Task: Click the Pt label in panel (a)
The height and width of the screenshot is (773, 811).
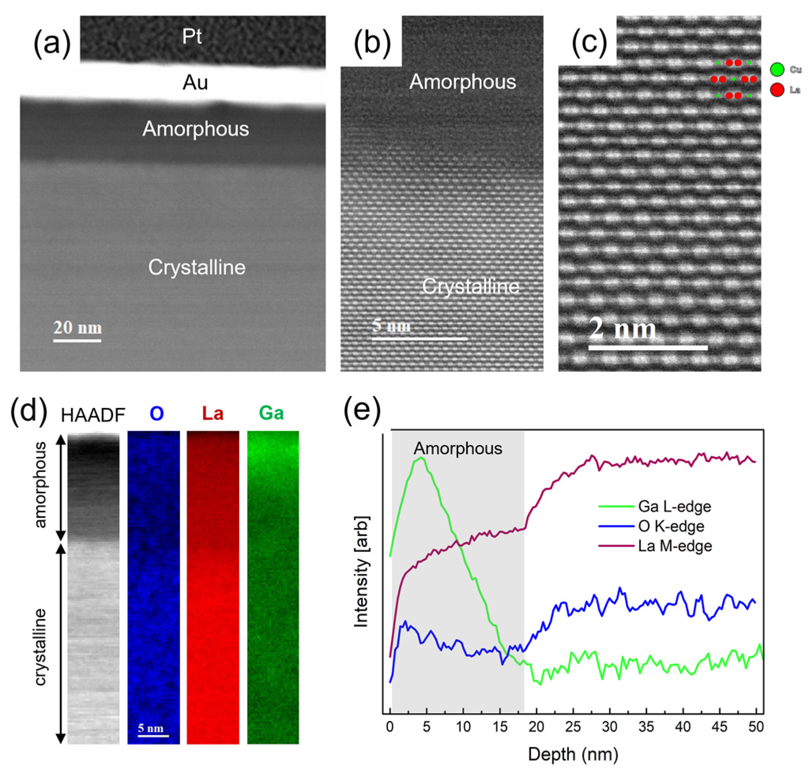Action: (192, 37)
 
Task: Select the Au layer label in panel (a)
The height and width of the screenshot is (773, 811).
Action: (195, 83)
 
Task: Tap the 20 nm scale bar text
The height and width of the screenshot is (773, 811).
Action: (77, 328)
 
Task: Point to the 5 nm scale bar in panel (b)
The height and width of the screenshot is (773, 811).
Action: (420, 339)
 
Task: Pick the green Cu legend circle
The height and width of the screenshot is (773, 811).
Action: (777, 70)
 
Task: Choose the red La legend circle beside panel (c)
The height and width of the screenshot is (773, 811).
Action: (777, 90)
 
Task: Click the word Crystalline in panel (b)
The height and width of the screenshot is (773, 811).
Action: (470, 286)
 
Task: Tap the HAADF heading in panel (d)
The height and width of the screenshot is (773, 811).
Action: (93, 415)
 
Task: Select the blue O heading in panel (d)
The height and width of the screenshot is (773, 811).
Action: (156, 413)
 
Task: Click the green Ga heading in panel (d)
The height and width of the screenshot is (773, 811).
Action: (271, 413)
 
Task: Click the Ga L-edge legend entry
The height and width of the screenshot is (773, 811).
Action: (674, 506)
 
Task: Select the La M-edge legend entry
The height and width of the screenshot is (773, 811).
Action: (674, 546)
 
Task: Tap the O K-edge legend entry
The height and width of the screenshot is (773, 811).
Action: (671, 526)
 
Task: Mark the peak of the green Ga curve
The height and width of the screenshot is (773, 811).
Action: (421, 458)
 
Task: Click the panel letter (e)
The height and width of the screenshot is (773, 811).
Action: (362, 411)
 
